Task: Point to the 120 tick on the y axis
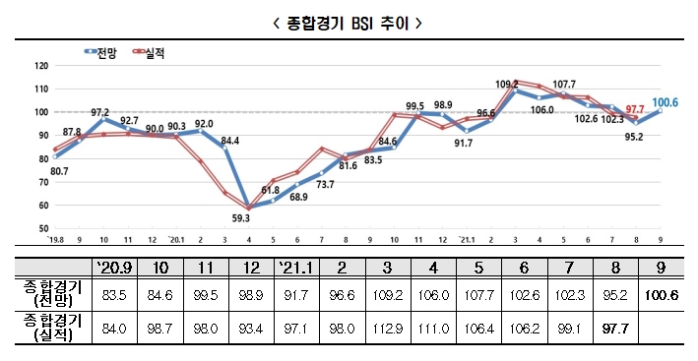[40, 66]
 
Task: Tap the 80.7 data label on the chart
[58, 171]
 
